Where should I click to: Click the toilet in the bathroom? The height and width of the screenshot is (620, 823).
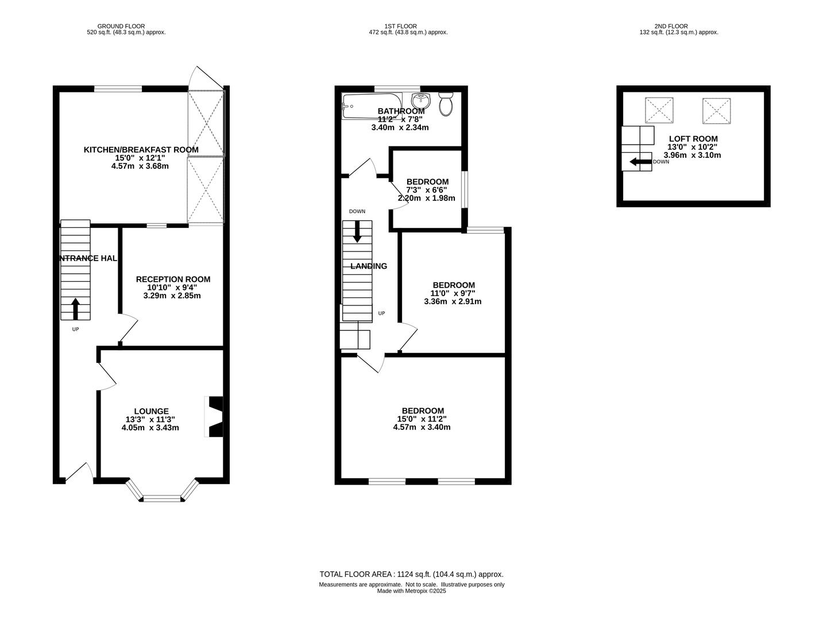point(446,104)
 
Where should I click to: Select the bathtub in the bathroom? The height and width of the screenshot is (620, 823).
point(372,106)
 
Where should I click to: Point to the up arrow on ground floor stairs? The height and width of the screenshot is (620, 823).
point(75,309)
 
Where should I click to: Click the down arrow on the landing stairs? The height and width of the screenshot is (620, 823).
point(357,231)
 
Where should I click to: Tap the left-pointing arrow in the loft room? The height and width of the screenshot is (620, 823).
point(640,162)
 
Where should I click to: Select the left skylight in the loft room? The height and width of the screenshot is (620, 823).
point(659,110)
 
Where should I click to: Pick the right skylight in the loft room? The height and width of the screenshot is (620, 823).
point(717,111)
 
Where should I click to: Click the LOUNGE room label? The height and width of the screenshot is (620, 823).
point(152,411)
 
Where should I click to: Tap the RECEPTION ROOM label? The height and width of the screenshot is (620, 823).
point(173,279)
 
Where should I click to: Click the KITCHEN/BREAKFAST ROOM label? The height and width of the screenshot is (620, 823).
point(141,150)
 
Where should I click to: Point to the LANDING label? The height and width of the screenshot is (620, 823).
point(369,266)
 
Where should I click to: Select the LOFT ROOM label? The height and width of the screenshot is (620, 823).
point(693,138)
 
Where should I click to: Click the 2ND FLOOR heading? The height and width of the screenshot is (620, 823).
point(671,26)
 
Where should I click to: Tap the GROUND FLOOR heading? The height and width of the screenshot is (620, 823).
point(121,26)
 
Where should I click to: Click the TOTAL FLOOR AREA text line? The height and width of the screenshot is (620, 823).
point(411,574)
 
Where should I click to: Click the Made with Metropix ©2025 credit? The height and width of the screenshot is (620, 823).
point(411,591)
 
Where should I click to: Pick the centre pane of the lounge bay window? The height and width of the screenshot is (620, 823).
point(162,499)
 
